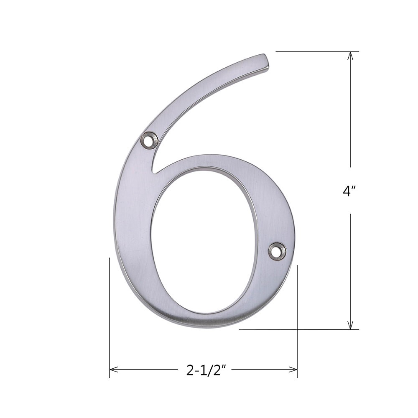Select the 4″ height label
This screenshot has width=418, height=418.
pyautogui.click(x=349, y=191)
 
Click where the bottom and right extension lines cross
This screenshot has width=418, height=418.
pyautogui.click(x=297, y=329)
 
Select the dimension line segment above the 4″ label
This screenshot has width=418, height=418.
pyautogui.click(x=350, y=113)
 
